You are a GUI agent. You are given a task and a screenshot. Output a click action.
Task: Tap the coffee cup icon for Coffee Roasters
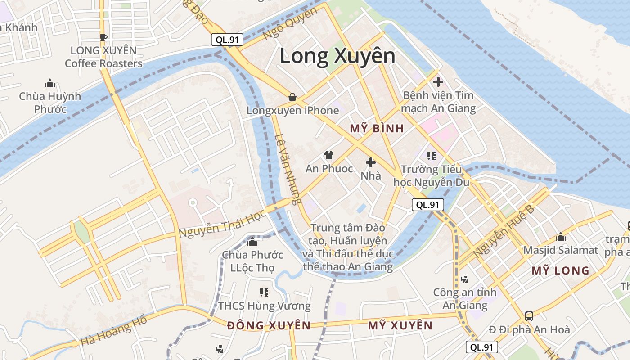click(x=103, y=37)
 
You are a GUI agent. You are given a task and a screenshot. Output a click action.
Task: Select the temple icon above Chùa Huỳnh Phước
click(x=50, y=83)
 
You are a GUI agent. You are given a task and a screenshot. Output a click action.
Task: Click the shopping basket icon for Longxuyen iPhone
click(x=292, y=97)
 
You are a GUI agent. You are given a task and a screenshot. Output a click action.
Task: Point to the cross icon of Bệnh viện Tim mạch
click(x=438, y=82)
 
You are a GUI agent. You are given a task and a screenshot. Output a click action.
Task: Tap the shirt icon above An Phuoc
click(x=329, y=156)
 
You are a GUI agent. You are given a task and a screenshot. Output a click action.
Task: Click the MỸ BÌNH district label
click(x=377, y=129)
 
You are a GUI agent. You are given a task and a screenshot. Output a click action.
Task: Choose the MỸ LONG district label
click(x=560, y=270)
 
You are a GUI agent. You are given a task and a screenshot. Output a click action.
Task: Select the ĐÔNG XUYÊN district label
click(x=269, y=325)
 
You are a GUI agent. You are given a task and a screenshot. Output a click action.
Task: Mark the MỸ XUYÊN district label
click(x=400, y=325)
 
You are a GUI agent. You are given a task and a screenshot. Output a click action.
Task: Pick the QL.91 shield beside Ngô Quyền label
click(x=227, y=40)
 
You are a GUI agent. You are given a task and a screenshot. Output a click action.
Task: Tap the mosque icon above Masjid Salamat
click(x=561, y=237)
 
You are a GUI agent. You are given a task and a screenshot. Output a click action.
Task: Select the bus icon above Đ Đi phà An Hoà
click(x=529, y=316)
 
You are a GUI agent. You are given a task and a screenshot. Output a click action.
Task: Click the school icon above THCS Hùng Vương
click(x=264, y=292)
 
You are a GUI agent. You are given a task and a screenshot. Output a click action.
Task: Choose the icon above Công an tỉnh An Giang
click(x=465, y=279)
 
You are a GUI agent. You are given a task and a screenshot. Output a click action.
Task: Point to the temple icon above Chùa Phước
click(x=252, y=242)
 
